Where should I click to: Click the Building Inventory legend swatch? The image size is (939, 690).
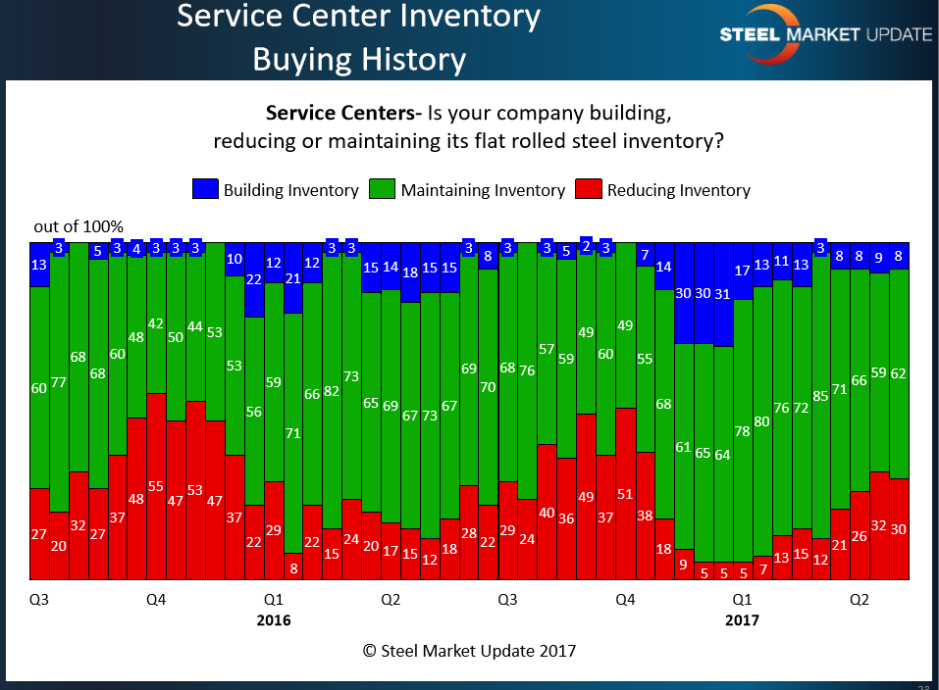[x=205, y=190]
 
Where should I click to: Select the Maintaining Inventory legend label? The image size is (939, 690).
[x=483, y=190]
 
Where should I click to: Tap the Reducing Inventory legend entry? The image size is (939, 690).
[x=679, y=190]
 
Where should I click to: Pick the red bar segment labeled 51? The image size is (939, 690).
[x=626, y=493]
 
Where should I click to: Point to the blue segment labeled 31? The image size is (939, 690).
[x=723, y=294]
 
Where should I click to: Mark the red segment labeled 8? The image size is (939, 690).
[x=293, y=567]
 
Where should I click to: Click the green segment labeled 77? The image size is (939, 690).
[x=59, y=382]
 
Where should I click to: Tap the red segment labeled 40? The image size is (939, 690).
[x=547, y=511]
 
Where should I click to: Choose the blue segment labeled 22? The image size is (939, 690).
[x=254, y=279]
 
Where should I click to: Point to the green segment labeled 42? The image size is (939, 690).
[x=156, y=323]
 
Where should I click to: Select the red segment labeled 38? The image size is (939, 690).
[x=646, y=516]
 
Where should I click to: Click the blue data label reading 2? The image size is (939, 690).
[x=587, y=247]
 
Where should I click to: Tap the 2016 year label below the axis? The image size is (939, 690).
[x=274, y=619]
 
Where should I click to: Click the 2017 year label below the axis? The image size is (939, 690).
[x=742, y=619]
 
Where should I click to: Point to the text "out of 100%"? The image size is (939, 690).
[x=78, y=226]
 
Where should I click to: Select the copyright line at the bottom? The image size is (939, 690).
[x=469, y=650]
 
